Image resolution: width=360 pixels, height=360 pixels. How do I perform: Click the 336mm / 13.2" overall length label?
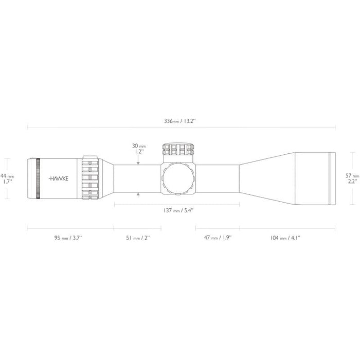coord(181,121)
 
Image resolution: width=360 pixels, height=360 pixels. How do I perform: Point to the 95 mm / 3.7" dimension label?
coord(67,238)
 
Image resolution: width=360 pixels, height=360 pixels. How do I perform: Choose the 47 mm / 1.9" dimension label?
coord(218,238)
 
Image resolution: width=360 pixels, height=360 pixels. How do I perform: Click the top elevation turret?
coord(178,150)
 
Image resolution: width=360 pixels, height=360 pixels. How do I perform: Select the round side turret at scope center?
coord(178,178)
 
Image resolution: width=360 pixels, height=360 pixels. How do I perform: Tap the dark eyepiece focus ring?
coord(38,178)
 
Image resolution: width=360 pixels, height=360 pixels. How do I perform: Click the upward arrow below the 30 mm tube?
coord(138,194)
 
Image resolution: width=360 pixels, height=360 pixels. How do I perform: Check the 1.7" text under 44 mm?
coord(8,182)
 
